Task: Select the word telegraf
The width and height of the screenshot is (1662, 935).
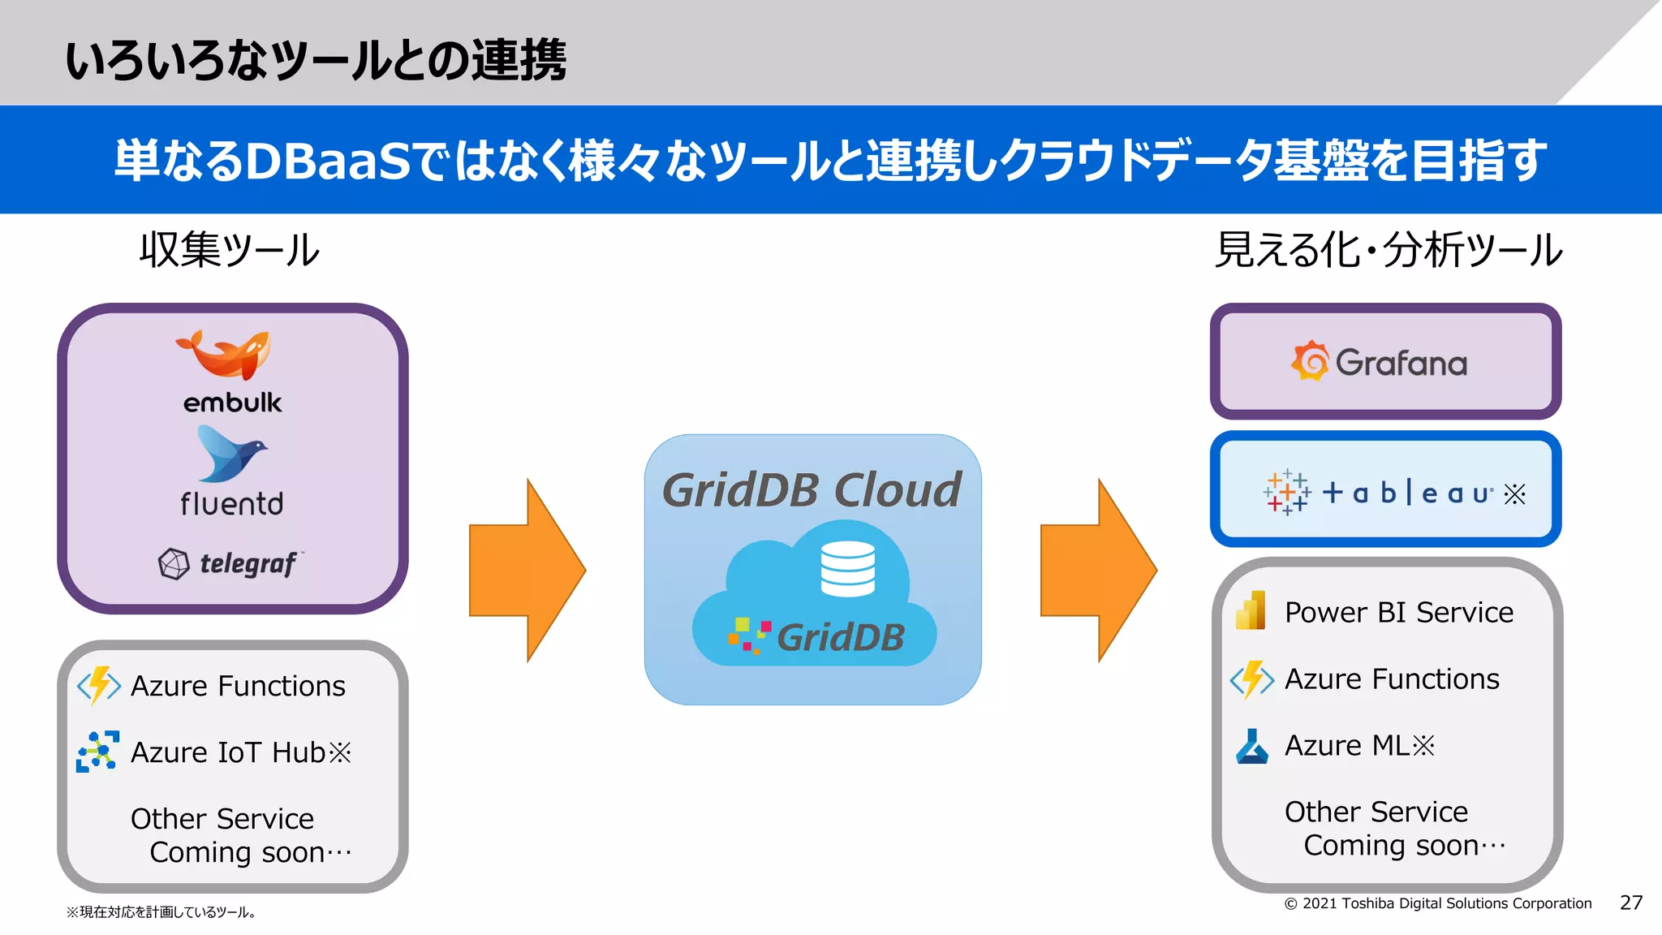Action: pos(248,563)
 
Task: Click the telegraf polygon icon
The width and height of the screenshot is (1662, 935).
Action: pos(174,563)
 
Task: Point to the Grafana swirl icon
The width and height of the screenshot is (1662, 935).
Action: pos(1310,361)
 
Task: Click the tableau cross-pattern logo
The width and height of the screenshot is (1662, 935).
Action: pos(1286,493)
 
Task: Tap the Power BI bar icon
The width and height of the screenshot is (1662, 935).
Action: pos(1251,610)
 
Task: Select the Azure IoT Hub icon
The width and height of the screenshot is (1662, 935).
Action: pos(97,752)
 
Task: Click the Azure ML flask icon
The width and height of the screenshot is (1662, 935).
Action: pos(1251,746)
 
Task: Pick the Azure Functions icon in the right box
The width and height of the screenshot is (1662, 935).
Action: pos(1251,679)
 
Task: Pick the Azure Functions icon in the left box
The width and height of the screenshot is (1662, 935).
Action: pos(99,686)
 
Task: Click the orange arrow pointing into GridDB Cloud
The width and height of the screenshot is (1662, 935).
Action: pos(526,571)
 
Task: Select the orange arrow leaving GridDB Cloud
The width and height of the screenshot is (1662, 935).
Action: pos(1097,571)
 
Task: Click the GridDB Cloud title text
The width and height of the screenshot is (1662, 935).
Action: pos(812,490)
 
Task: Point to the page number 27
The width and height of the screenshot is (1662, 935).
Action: pos(1630,903)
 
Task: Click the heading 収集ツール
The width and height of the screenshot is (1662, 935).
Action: pos(229,249)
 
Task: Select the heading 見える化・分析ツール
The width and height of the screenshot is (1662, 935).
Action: pos(1388,249)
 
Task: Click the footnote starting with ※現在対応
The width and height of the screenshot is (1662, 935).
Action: pos(161,912)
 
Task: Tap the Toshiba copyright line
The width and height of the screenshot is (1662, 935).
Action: pos(1437,903)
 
